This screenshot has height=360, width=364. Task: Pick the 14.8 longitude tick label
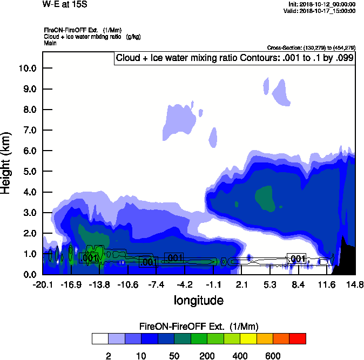[x=355, y=284]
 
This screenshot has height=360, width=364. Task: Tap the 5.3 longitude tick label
[x=270, y=284]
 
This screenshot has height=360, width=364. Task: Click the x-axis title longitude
[x=198, y=300]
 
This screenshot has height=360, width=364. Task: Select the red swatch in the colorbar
[x=297, y=339]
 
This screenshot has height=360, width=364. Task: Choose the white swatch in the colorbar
[x=100, y=339]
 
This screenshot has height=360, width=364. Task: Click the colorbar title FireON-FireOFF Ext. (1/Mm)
[x=198, y=327]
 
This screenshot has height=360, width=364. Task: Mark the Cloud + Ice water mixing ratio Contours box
[x=234, y=58]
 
